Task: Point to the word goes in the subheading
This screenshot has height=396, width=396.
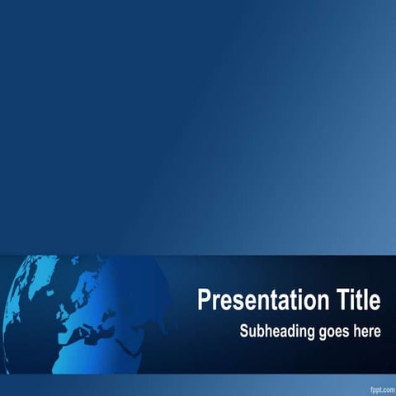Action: (x=329, y=332)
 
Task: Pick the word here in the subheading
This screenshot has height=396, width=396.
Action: (x=365, y=332)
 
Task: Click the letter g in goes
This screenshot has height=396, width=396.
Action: (x=318, y=333)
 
